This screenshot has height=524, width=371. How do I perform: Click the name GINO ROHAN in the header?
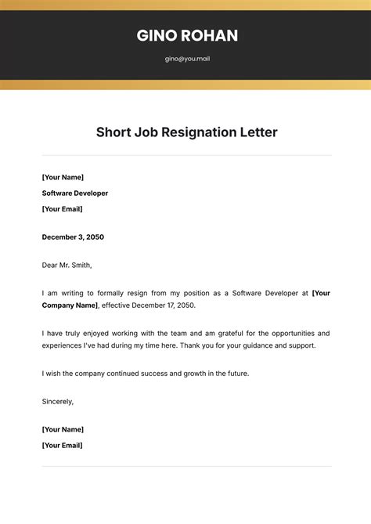click(x=187, y=35)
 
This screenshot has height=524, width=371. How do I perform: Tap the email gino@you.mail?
click(x=187, y=59)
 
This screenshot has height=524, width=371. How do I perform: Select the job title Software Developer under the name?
click(x=75, y=193)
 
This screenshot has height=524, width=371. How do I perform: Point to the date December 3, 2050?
click(x=73, y=237)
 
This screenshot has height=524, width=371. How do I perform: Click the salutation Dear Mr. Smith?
click(x=67, y=265)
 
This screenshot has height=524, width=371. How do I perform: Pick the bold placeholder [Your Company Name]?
click(x=70, y=305)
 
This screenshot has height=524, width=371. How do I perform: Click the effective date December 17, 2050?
click(x=163, y=305)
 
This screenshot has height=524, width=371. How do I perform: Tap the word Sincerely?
click(x=58, y=401)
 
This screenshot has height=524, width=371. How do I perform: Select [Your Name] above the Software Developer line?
click(x=63, y=177)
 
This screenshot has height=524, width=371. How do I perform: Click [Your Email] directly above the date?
click(x=62, y=209)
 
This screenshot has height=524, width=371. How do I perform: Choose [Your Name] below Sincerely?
click(x=63, y=429)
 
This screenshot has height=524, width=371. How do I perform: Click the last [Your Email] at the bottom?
click(x=62, y=445)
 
